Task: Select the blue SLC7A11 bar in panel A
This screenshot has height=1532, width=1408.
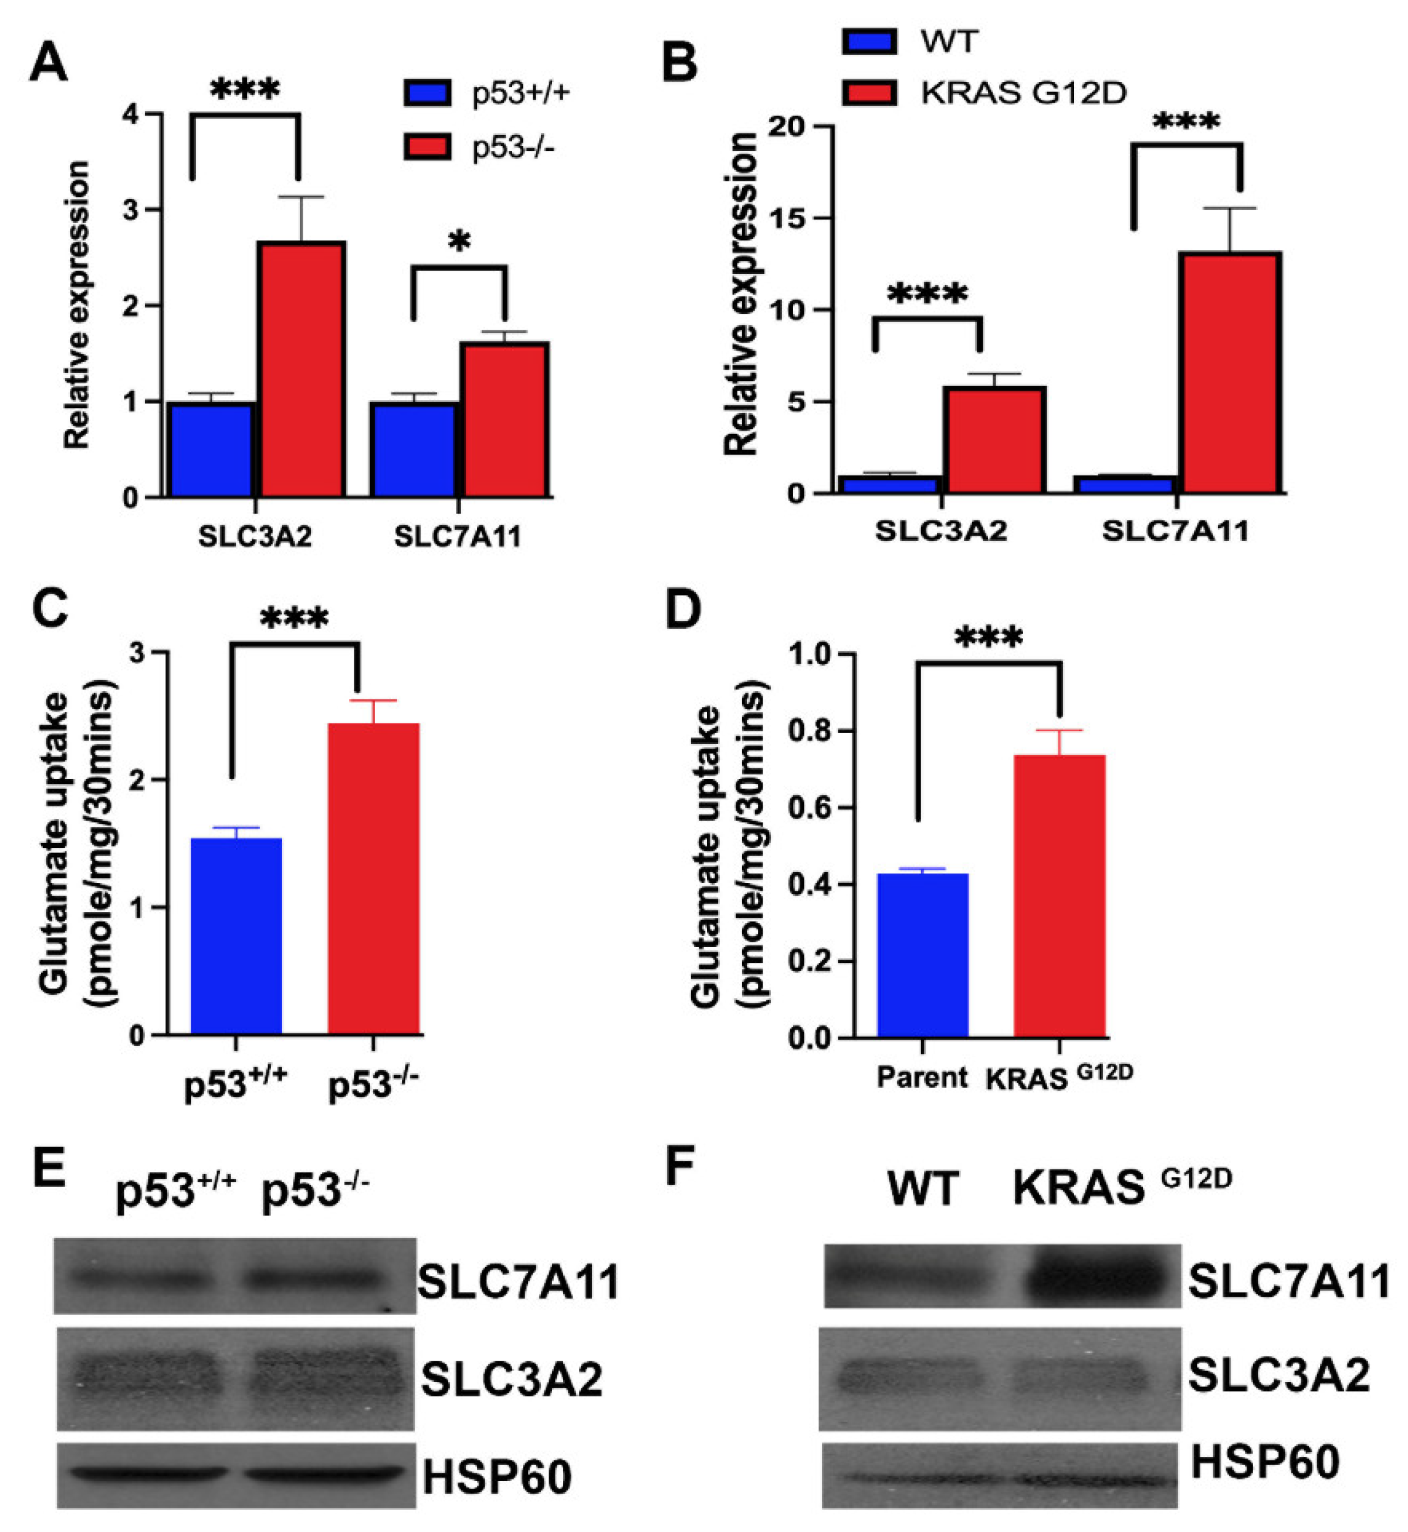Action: click(414, 449)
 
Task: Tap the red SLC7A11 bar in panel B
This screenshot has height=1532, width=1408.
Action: click(1230, 373)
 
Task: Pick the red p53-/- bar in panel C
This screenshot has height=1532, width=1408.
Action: click(373, 878)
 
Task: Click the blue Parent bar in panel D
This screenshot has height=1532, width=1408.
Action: click(923, 955)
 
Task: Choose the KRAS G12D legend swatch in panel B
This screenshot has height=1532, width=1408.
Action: click(869, 92)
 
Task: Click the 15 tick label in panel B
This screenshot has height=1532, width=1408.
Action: click(788, 219)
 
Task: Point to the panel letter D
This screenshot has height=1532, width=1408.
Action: click(683, 610)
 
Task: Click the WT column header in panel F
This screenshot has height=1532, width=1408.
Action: click(923, 1188)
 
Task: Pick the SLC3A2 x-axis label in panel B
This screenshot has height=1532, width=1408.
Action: click(941, 530)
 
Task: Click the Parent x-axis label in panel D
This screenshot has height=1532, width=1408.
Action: click(922, 1077)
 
